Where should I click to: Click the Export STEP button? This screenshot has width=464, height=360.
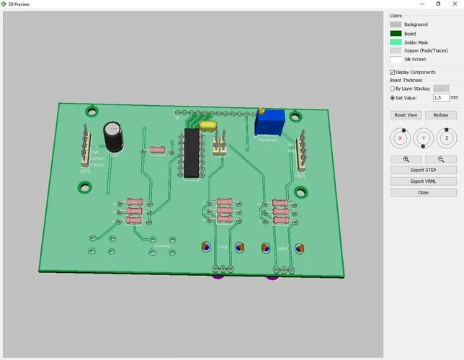click(x=423, y=170)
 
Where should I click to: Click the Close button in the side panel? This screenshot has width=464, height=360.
click(x=423, y=192)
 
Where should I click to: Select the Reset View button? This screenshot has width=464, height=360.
click(x=406, y=115)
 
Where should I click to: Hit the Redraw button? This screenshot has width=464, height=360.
click(x=440, y=115)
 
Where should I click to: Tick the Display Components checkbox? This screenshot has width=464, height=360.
click(x=393, y=73)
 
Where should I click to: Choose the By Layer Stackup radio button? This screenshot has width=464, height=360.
click(x=393, y=89)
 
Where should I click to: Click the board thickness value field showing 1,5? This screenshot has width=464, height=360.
click(x=440, y=97)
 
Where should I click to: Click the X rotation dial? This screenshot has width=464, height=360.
click(x=400, y=138)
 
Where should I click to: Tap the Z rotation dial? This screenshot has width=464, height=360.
click(x=447, y=138)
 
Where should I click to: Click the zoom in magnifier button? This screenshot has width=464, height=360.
click(x=406, y=159)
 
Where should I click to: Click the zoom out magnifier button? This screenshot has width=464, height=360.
click(x=440, y=159)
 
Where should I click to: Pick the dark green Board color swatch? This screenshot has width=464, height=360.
click(x=396, y=33)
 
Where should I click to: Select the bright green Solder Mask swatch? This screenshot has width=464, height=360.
click(x=396, y=42)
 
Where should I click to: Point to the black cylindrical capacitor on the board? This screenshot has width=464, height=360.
click(x=112, y=135)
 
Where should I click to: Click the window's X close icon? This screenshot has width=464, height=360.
click(x=454, y=4)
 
